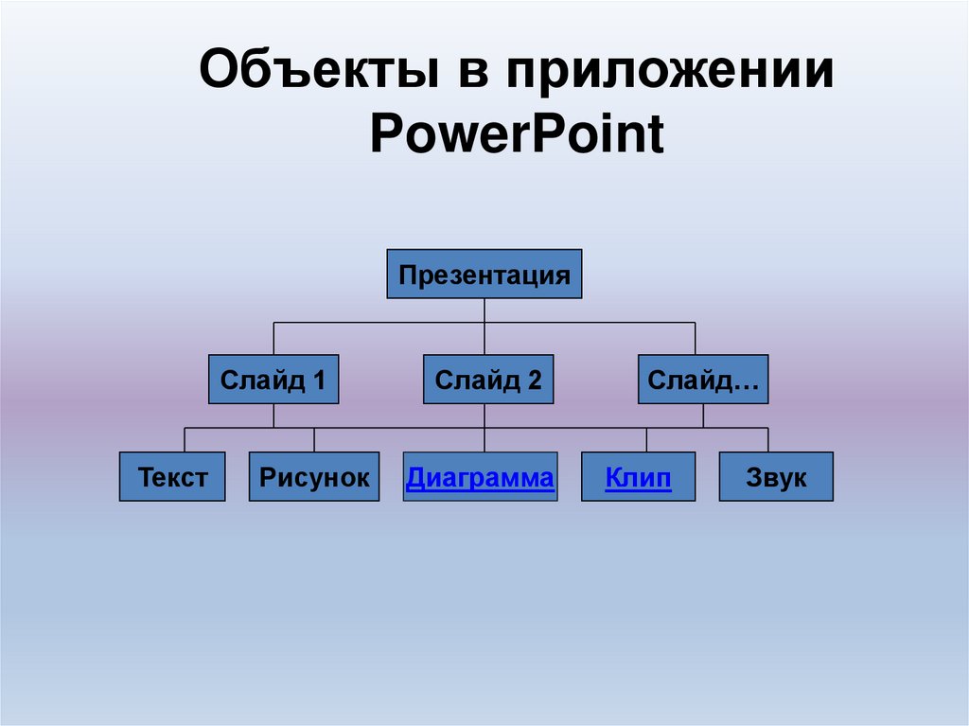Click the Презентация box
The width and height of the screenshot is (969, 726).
(484, 274)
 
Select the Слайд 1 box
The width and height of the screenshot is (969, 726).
(273, 381)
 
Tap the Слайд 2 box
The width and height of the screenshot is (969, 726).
(487, 381)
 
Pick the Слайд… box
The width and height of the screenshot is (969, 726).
(702, 381)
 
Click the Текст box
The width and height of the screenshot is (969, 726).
(172, 477)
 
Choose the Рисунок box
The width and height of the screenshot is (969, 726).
(314, 477)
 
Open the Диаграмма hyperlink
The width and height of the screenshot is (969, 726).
(480, 478)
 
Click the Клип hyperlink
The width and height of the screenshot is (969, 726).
(639, 478)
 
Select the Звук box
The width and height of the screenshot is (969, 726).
(776, 477)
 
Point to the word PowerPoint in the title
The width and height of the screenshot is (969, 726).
(517, 133)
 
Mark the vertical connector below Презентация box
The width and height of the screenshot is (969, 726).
(484, 310)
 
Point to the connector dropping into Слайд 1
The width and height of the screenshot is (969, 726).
(273, 339)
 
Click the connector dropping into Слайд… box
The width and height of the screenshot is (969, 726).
(695, 339)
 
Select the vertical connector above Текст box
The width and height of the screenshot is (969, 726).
(185, 440)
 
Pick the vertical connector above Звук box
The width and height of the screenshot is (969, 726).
(767, 440)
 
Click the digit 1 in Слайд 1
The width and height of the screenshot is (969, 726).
(319, 381)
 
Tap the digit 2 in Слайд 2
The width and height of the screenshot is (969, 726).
(535, 381)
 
